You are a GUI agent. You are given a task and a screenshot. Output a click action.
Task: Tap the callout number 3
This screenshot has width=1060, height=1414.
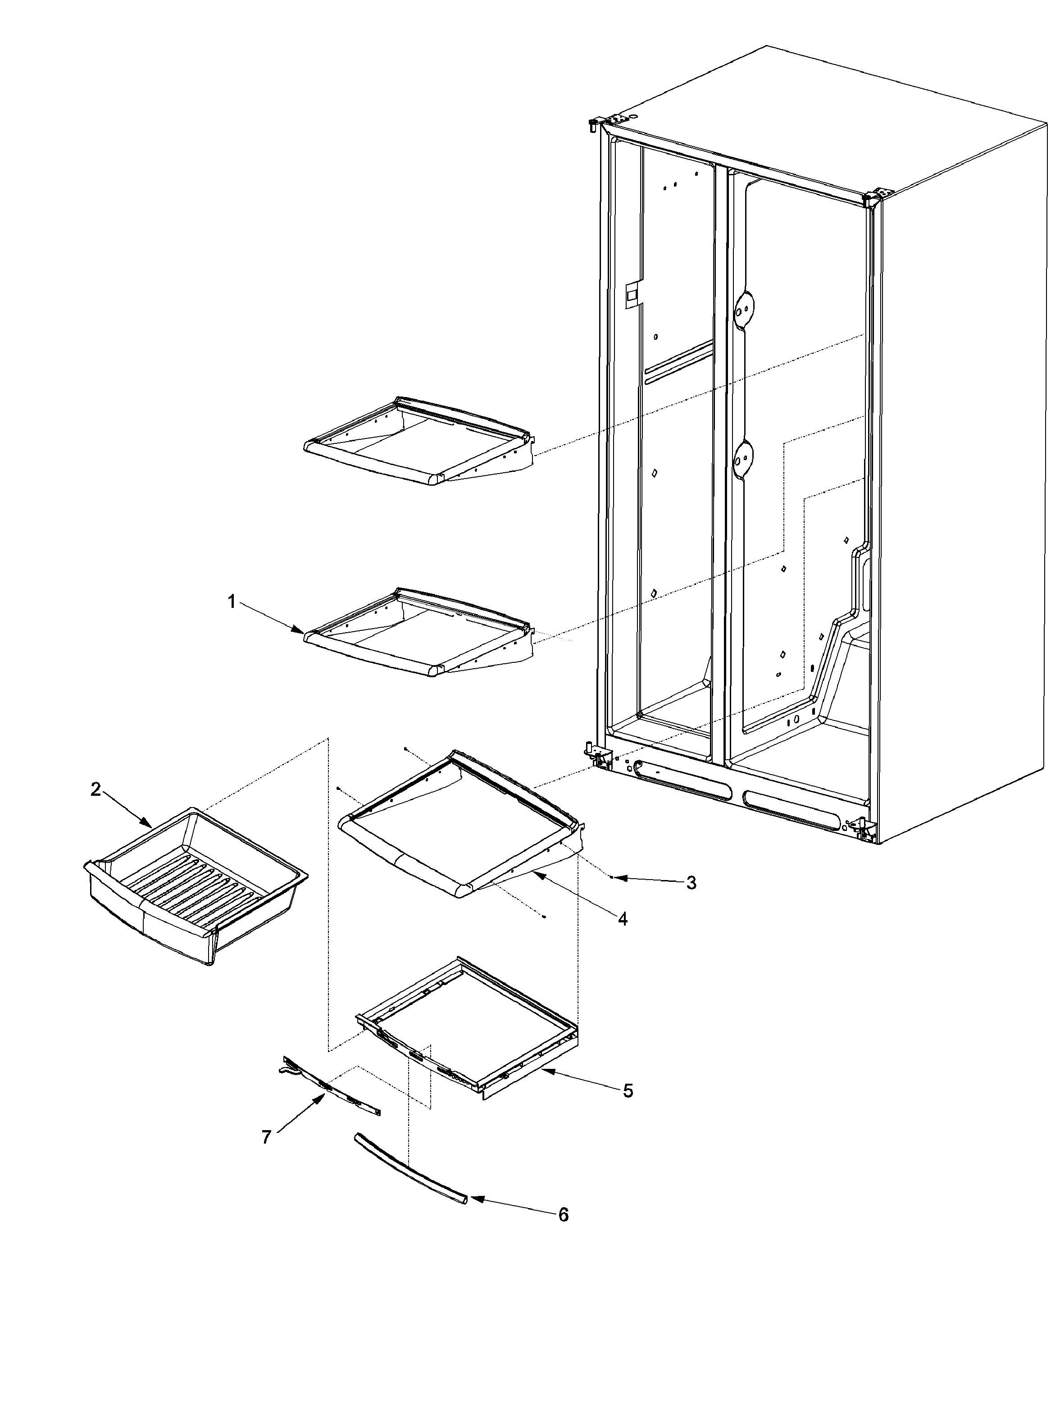(690, 883)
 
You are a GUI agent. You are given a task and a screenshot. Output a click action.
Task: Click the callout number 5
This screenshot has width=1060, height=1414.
(628, 1090)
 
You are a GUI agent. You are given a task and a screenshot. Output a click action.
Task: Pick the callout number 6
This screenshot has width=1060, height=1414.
(563, 1214)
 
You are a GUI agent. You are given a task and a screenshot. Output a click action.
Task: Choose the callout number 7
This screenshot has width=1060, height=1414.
(266, 1136)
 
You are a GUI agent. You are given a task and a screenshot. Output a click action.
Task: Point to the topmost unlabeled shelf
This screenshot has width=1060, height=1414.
(419, 441)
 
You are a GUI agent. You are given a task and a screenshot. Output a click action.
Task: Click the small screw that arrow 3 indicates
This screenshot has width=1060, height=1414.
(611, 878)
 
